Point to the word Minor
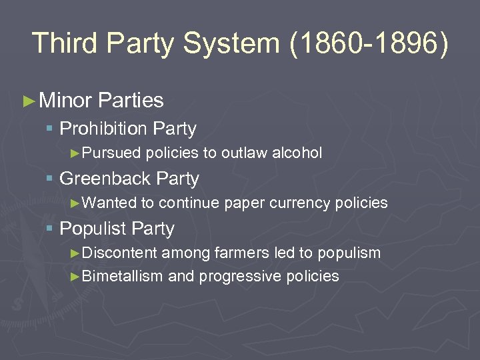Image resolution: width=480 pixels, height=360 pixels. [65, 101]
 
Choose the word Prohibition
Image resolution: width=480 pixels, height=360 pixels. [103, 128]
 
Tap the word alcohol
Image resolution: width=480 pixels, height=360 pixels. [297, 153]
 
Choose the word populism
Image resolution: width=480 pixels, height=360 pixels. [349, 253]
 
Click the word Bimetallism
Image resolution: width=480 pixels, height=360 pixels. [122, 276]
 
